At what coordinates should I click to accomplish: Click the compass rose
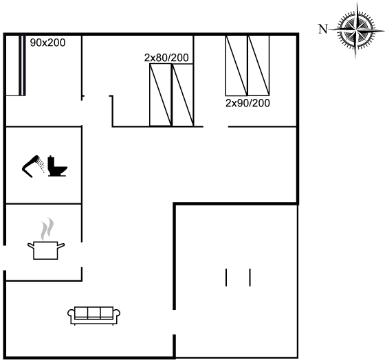point(356,30)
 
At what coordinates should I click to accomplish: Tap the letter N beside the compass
point(323,29)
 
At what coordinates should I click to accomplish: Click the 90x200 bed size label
point(48,43)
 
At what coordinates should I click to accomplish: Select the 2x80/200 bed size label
point(166,58)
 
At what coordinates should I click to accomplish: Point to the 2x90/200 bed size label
point(247,103)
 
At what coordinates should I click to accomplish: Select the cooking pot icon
point(46,250)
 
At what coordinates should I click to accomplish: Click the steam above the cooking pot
point(47,229)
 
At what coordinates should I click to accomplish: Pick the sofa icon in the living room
point(94,316)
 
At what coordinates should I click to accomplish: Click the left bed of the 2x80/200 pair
point(161,95)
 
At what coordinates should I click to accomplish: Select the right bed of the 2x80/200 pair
point(183,95)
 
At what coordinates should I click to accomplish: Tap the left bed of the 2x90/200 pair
point(236,65)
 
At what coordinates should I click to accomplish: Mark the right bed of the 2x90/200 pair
point(258,65)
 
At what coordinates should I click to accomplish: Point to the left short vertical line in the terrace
point(226,278)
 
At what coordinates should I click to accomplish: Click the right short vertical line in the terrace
point(250,278)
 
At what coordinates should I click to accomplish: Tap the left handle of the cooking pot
point(30,246)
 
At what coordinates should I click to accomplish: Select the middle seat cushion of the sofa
point(94,312)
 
